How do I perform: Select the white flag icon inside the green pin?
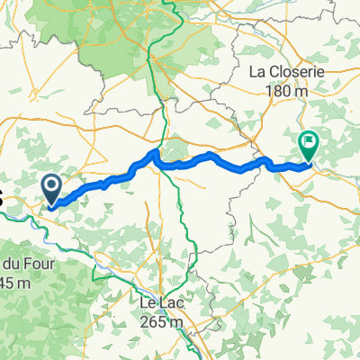pyautogui.click(x=308, y=141)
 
